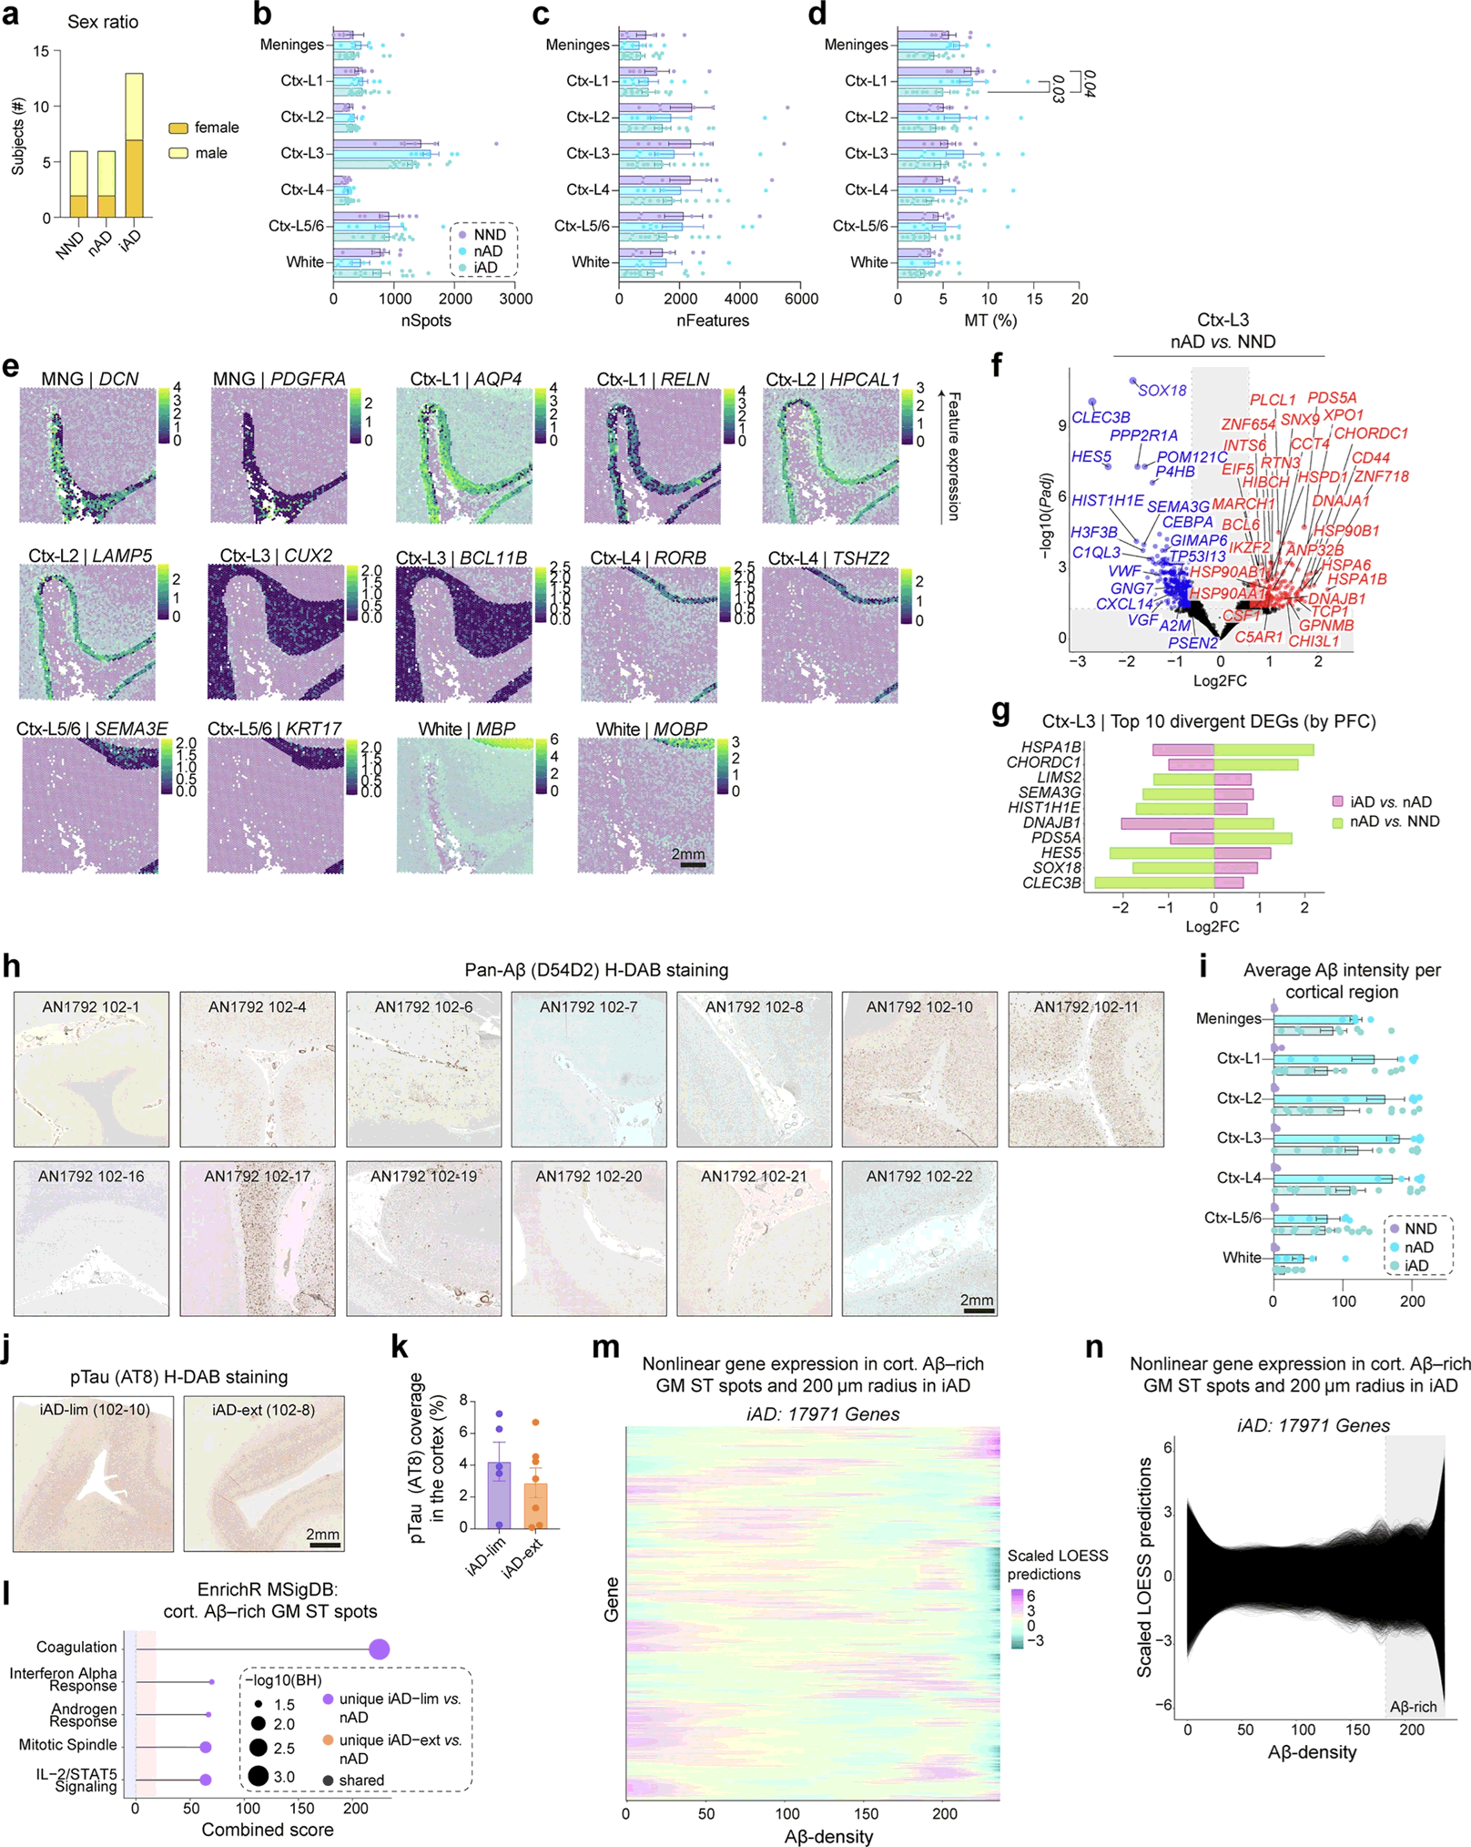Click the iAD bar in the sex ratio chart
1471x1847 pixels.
[134, 146]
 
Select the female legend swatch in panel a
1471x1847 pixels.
[178, 128]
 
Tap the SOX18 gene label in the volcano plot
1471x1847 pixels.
[1162, 391]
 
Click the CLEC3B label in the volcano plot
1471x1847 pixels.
[1101, 417]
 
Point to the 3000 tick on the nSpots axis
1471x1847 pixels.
[516, 299]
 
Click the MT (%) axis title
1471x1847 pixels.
[990, 321]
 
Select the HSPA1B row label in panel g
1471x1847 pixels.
[1050, 748]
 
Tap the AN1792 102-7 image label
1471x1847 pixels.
[589, 1006]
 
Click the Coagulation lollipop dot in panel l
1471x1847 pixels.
[380, 1649]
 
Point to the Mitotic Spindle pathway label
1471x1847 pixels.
[68, 1745]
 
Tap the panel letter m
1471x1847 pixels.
[605, 1347]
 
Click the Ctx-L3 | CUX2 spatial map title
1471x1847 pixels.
[276, 556]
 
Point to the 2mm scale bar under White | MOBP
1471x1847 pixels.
[693, 864]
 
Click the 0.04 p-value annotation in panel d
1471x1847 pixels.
[1090, 84]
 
